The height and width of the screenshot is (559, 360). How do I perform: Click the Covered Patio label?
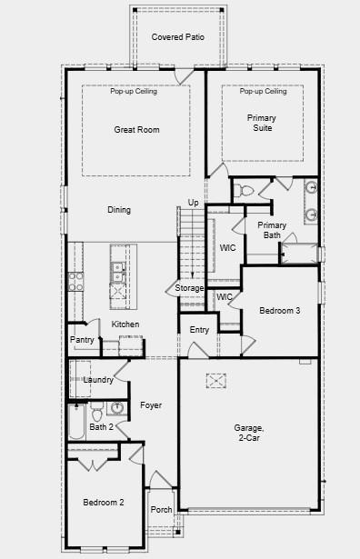(177, 37)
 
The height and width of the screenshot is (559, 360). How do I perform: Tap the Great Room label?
(136, 130)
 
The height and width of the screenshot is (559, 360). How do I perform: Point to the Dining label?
(119, 210)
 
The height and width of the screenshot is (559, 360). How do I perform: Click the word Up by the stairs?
(193, 202)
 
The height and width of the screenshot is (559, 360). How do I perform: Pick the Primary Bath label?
(272, 230)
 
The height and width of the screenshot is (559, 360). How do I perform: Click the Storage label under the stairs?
(190, 288)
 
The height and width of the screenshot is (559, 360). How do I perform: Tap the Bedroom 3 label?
(279, 311)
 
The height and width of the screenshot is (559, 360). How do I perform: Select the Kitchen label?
(125, 324)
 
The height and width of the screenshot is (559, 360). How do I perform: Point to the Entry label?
(199, 329)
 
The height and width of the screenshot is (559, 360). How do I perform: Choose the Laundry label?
(97, 380)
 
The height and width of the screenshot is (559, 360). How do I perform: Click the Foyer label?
(151, 404)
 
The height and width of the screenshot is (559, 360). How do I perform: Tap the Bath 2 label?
(101, 426)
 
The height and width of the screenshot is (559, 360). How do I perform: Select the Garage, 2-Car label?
(248, 433)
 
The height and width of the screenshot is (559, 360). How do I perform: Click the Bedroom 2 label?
(104, 503)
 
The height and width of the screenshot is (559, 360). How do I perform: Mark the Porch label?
(161, 510)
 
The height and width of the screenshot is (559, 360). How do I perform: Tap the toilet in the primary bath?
(243, 191)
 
